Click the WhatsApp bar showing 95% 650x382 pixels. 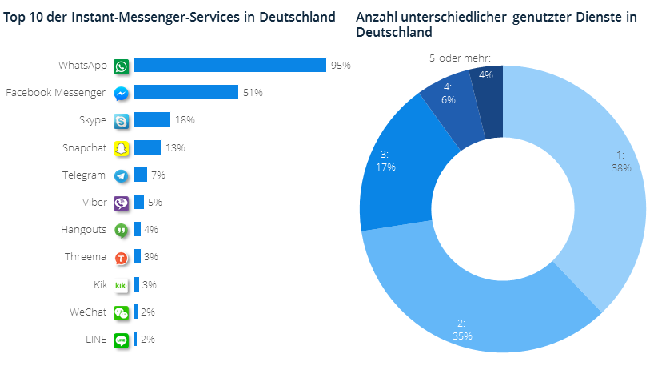230,66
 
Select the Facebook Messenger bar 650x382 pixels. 186,92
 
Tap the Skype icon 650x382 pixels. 122,121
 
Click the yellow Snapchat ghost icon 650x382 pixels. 122,148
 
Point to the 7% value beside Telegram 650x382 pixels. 158,175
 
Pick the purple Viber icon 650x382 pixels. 122,203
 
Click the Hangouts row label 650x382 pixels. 83,230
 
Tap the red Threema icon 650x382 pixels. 122,257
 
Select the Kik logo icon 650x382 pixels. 122,285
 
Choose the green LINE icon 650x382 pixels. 122,340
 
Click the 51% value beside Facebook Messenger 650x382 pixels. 253,93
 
